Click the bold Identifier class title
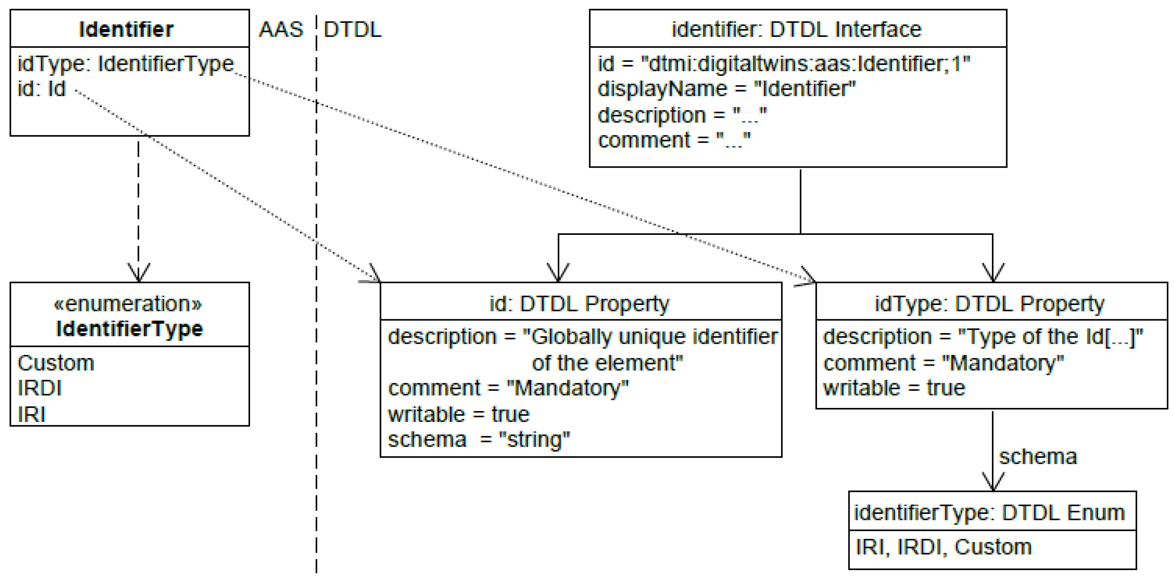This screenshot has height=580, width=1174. pos(126,30)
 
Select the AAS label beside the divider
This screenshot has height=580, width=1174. pos(281,30)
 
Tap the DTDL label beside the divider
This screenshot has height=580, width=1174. pos(352,30)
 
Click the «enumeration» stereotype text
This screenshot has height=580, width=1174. pos(128,303)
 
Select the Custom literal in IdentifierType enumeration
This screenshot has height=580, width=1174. pos(56,363)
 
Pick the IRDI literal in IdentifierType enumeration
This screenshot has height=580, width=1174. pos(39,388)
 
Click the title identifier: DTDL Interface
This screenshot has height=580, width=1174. pos(797,30)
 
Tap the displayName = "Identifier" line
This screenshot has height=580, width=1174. pos(727,88)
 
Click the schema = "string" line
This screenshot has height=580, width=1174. pos(478,439)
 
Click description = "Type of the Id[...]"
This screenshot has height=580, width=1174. pos(983,337)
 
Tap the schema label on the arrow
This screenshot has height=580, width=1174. pos(1038,457)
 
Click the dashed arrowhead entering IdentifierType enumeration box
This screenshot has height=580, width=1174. pos(138,273)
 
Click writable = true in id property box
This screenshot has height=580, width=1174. pos(458,414)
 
